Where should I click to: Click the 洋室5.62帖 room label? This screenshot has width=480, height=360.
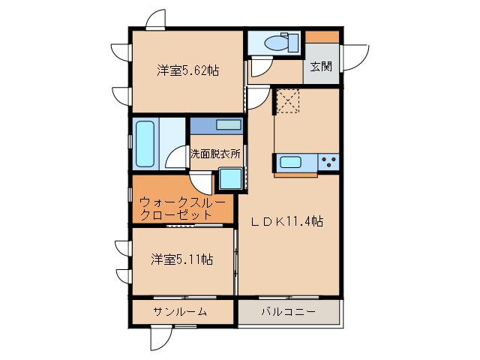pos(187,71)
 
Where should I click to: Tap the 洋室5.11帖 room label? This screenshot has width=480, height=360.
pos(181,259)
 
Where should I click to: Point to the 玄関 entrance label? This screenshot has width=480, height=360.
pos(321,66)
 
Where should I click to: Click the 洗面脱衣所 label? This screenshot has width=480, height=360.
pos(215,154)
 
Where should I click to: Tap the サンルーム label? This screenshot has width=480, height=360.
pos(180,311)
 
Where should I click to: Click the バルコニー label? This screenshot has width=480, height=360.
pos(289,311)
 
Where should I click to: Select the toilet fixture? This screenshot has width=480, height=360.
pos(285,42)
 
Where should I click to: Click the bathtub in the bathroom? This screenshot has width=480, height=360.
pos(144,144)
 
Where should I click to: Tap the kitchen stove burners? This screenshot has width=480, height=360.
pos(328,161)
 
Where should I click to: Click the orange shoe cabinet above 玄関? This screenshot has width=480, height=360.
pos(322,36)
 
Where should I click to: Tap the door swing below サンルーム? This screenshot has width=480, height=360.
pos(159,339)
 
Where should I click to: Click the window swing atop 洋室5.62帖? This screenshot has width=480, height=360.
pos(156,19)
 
